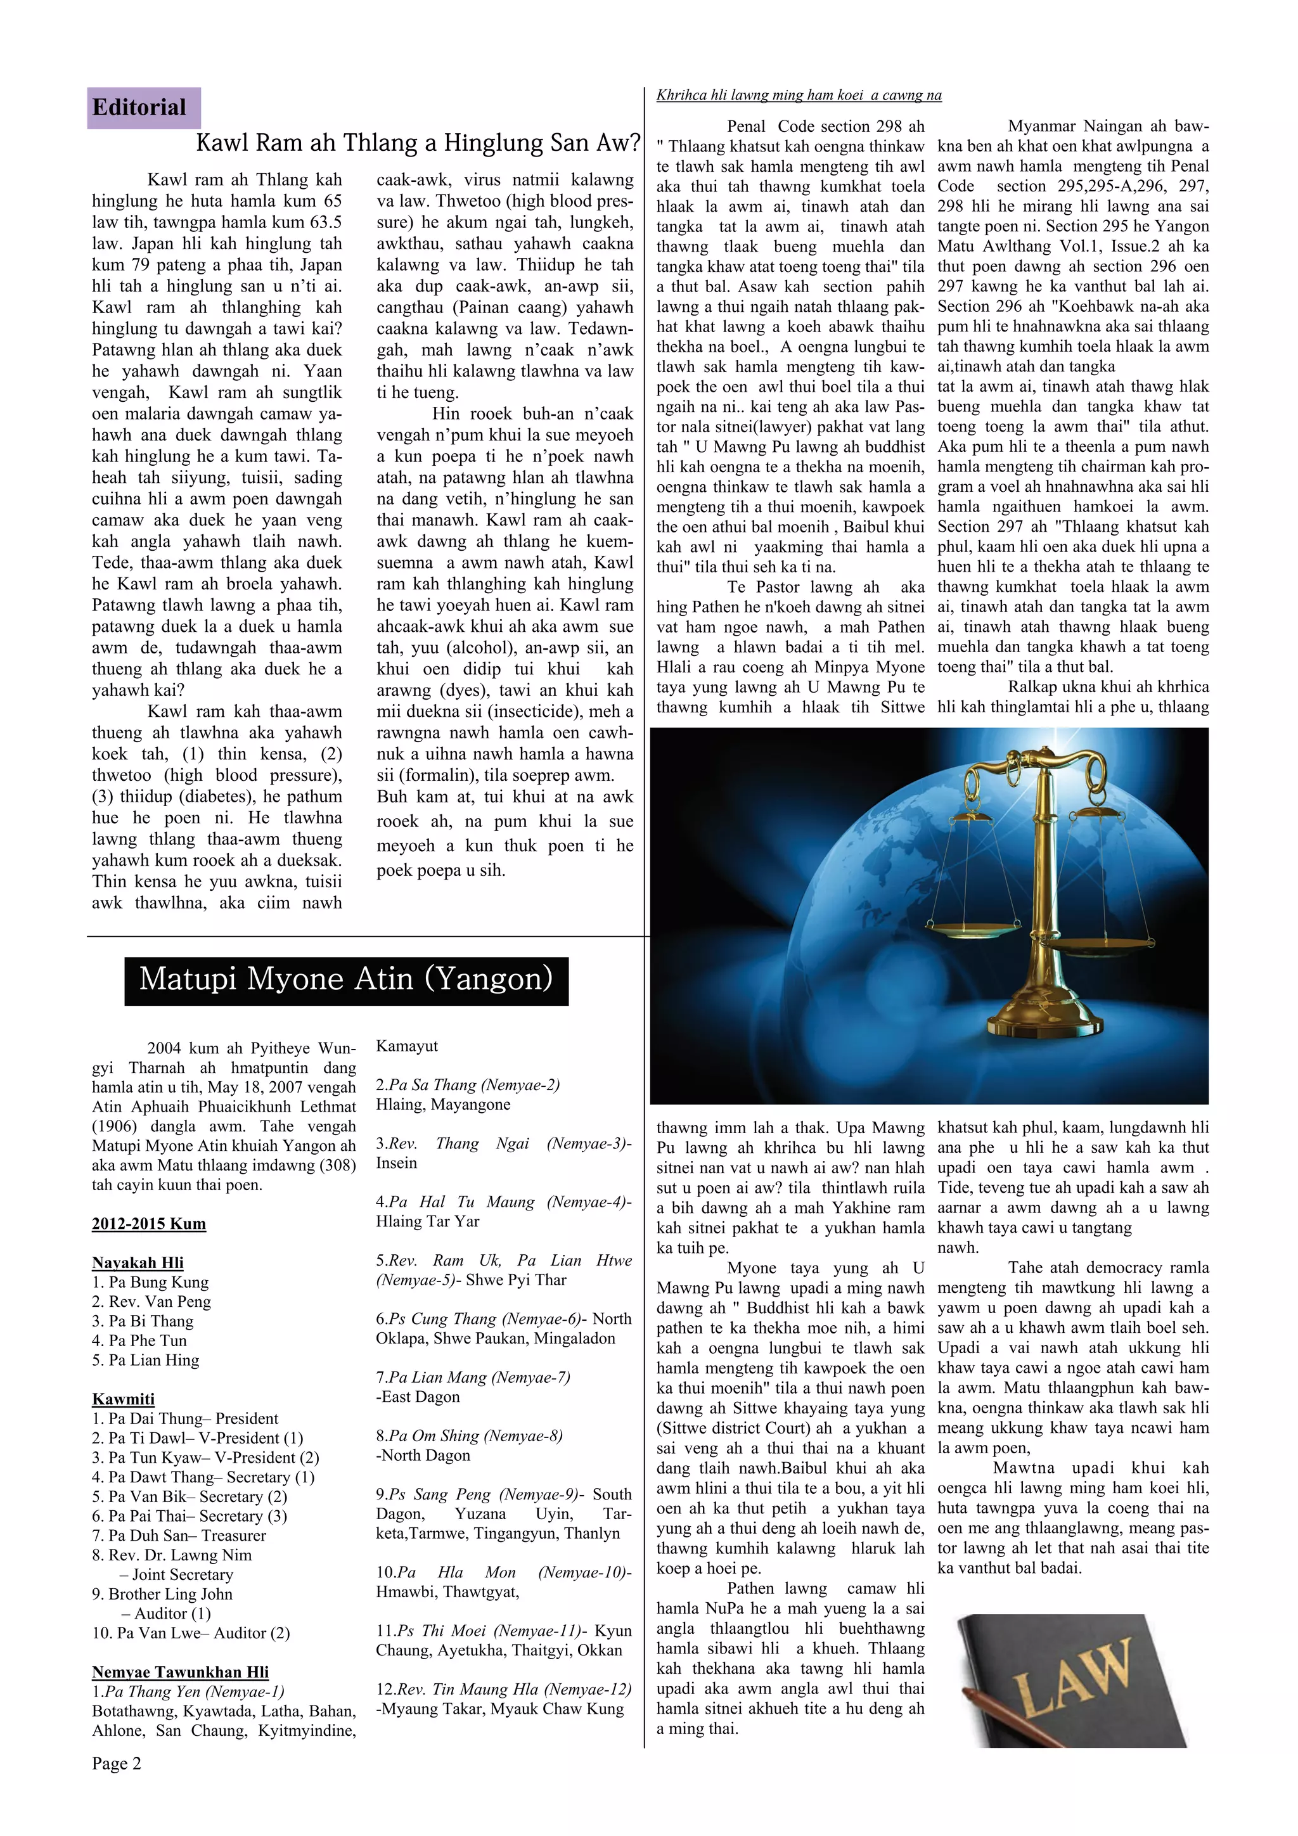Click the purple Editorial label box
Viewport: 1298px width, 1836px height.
coord(143,107)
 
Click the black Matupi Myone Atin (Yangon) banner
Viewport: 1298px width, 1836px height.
coord(345,980)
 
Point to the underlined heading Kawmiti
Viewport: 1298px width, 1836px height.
coord(123,1399)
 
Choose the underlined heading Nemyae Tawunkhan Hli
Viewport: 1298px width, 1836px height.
coord(180,1672)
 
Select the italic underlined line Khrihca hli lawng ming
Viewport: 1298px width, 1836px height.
coord(798,95)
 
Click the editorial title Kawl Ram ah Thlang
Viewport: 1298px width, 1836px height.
coord(418,143)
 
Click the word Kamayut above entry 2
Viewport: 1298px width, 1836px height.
coord(407,1046)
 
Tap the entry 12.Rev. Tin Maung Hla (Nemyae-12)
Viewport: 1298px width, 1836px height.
coord(503,1689)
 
